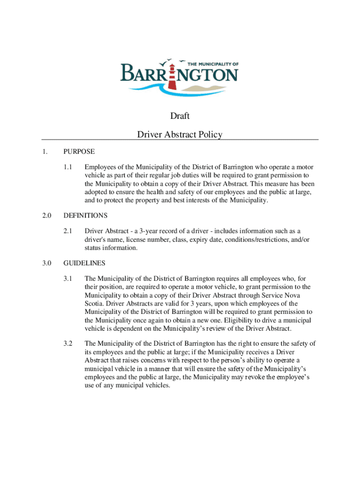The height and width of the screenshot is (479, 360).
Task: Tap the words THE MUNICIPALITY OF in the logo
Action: click(x=213, y=63)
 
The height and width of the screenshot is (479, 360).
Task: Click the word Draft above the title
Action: click(x=180, y=116)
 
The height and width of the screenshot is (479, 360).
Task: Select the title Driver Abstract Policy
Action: click(x=180, y=135)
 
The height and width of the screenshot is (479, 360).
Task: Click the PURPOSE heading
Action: click(x=79, y=152)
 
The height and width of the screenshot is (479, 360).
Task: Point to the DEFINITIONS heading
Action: click(x=86, y=216)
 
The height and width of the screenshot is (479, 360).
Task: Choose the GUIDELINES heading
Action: click(x=84, y=263)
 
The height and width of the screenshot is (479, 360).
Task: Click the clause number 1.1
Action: click(x=68, y=167)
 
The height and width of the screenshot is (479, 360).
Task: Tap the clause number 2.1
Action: click(x=68, y=231)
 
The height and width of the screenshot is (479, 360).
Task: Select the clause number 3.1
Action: click(x=68, y=278)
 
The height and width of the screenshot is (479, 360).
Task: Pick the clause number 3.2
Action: click(x=68, y=344)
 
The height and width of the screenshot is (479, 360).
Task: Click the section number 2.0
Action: click(x=46, y=216)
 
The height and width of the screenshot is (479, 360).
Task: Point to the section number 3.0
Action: click(x=46, y=263)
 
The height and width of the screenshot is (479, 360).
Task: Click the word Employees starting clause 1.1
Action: click(x=102, y=167)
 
